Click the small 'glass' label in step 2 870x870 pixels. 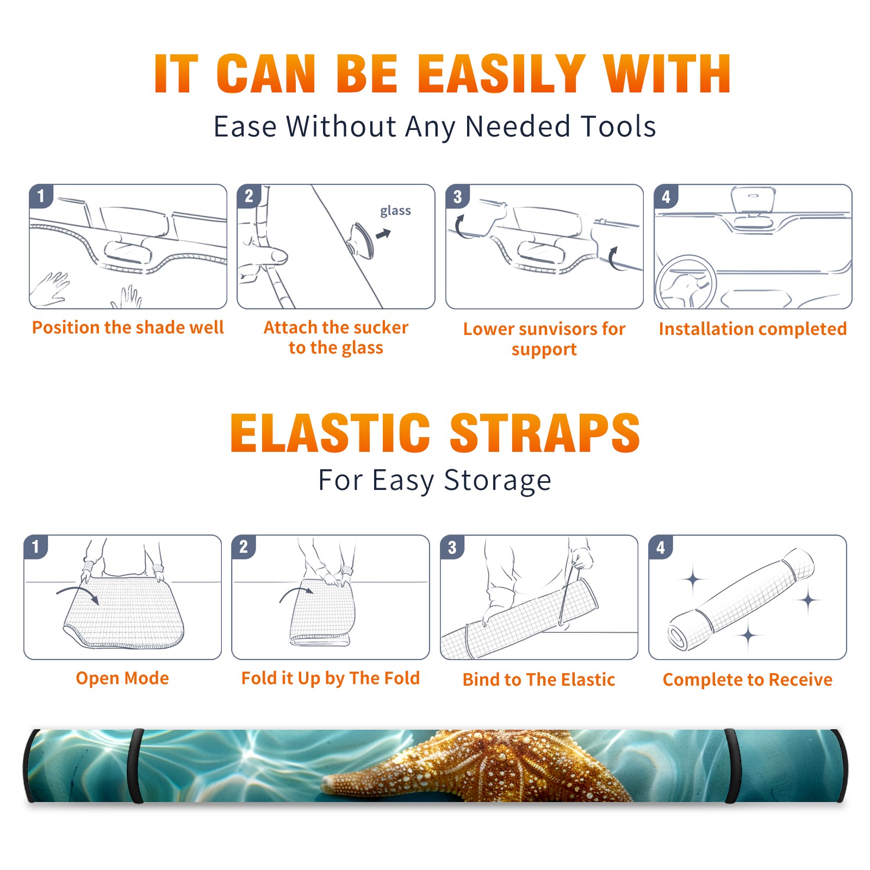point(395,211)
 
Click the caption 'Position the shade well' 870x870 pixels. point(128,327)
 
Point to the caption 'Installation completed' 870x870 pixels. point(753,328)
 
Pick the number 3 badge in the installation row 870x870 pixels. point(457,196)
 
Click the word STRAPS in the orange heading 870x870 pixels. point(545,433)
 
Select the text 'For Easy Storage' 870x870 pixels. point(434,481)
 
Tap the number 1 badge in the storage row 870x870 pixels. point(36,546)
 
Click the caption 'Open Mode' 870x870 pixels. point(122,678)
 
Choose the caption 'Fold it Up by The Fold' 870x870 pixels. point(331,678)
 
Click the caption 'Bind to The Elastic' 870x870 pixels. point(539,679)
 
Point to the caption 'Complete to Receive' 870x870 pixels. point(748,679)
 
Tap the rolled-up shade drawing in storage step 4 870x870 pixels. point(741,600)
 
